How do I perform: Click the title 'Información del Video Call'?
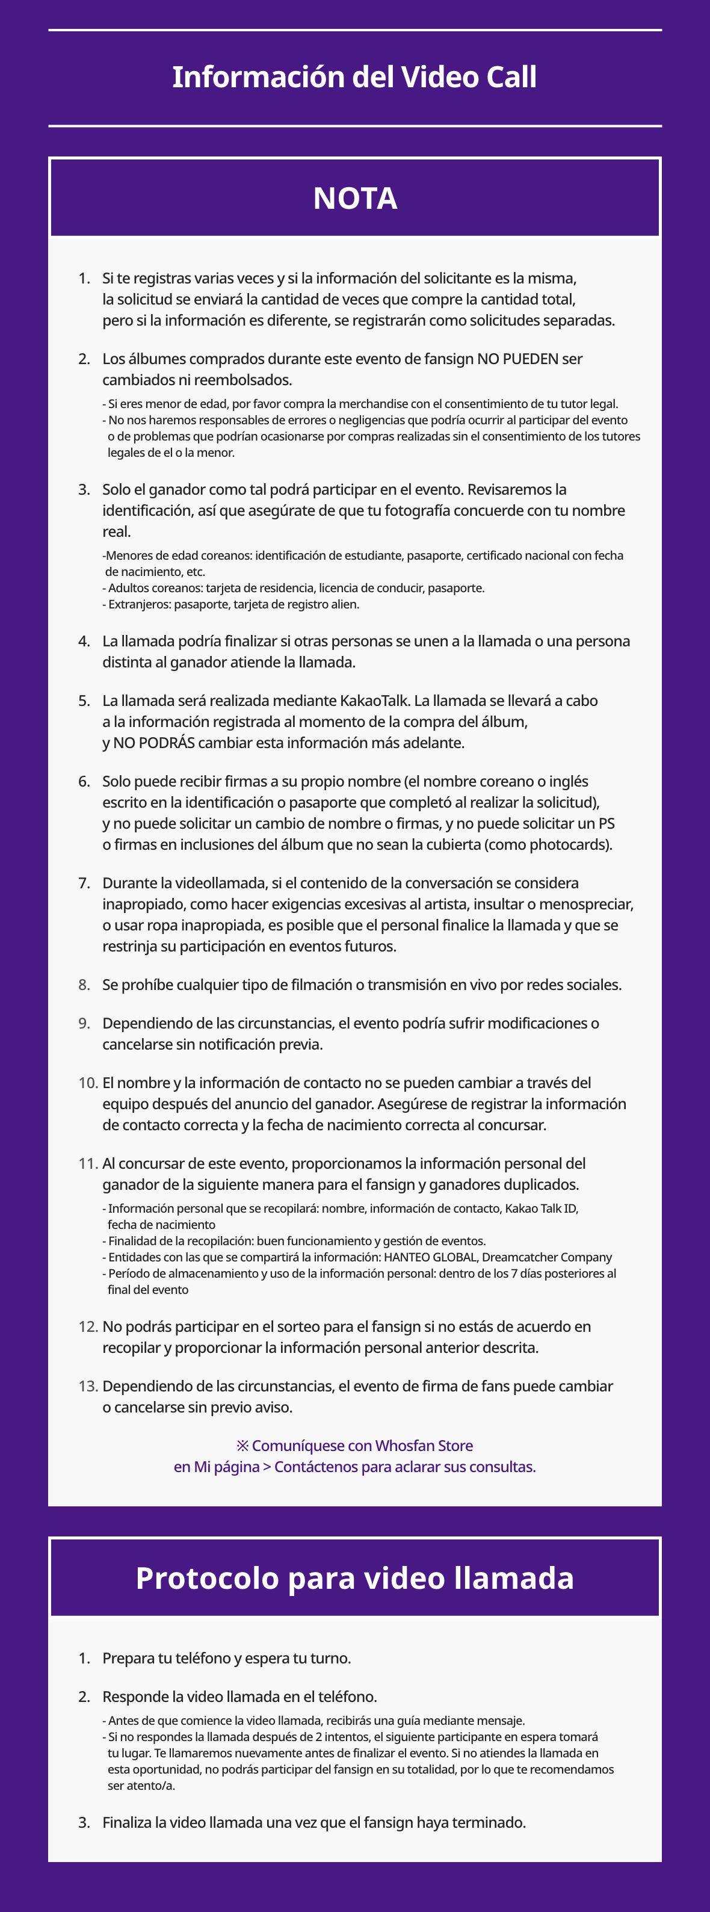354,77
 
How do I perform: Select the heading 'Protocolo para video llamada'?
354,1578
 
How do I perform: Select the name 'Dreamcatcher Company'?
547,1257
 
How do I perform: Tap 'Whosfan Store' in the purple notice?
424,1446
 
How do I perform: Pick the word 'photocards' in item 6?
571,845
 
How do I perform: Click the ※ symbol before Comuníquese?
242,1446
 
